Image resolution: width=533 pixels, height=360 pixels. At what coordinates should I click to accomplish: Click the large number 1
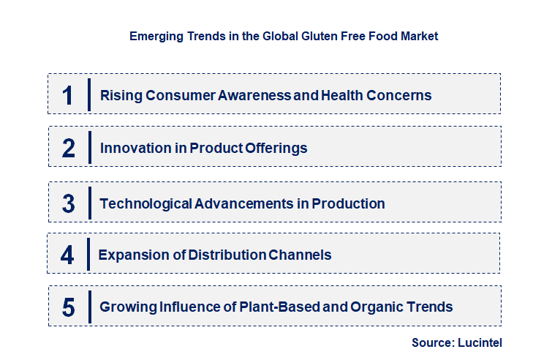tap(67, 95)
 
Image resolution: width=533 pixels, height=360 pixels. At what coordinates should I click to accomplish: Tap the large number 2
tap(69, 148)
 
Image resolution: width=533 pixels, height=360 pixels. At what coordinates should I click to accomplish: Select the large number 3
tap(69, 203)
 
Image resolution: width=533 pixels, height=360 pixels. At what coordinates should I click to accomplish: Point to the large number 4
tap(67, 255)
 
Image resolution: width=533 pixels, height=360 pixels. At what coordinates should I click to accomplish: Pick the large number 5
tap(69, 307)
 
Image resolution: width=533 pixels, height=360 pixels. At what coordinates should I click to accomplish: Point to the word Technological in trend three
tap(145, 203)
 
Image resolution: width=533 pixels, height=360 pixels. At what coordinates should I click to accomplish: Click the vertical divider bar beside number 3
tap(89, 202)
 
